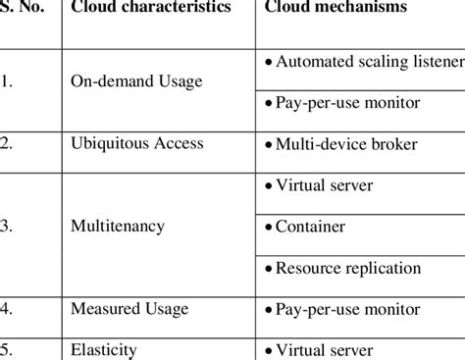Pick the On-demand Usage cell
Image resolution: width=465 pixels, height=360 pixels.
pyautogui.click(x=136, y=81)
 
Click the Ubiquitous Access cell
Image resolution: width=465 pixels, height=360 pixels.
pyautogui.click(x=136, y=143)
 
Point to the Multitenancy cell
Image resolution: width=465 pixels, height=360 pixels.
pyautogui.click(x=118, y=227)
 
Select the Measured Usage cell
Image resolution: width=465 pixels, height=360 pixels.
pyautogui.click(x=129, y=309)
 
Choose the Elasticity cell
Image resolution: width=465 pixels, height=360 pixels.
pyautogui.click(x=104, y=349)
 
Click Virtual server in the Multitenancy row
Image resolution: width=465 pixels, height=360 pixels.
pyautogui.click(x=324, y=184)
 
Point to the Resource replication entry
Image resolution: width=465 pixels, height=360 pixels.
pyautogui.click(x=348, y=268)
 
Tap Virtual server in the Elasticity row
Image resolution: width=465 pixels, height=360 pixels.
pyautogui.click(x=324, y=349)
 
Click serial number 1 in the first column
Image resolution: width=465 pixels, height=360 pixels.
pyautogui.click(x=7, y=81)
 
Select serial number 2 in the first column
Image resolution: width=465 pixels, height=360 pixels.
pyautogui.click(x=7, y=143)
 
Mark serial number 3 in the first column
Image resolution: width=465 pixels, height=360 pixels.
pyautogui.click(x=7, y=227)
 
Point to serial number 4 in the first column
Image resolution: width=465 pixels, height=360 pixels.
pyautogui.click(x=7, y=309)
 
